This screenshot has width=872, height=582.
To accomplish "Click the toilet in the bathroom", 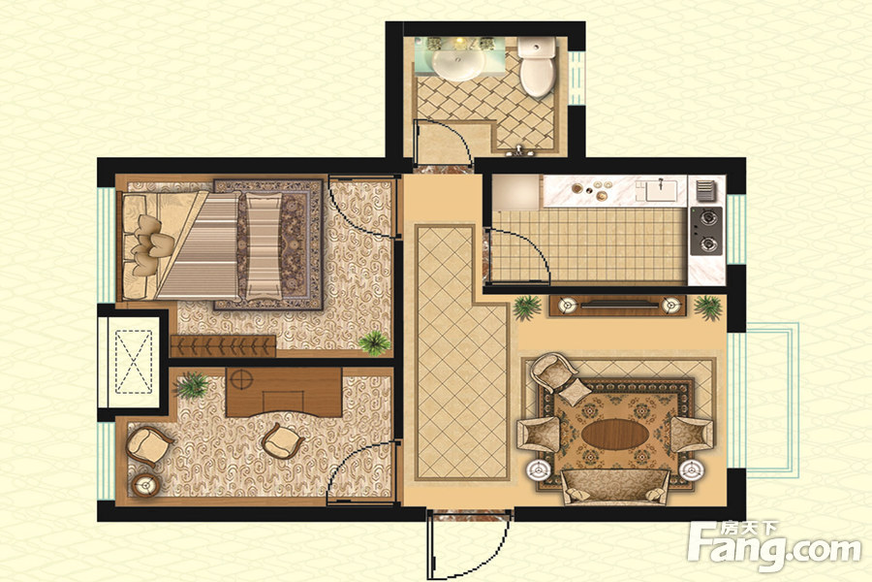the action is pyautogui.click(x=537, y=67).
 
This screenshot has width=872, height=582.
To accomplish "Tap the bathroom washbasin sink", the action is pyautogui.click(x=459, y=64).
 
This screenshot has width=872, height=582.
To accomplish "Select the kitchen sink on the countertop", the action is pyautogui.click(x=661, y=190).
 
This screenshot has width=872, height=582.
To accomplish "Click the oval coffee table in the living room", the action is pyautogui.click(x=614, y=434).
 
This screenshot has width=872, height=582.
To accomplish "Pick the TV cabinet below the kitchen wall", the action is pyautogui.click(x=617, y=306).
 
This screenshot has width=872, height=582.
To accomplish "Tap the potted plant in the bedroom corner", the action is pyautogui.click(x=374, y=342).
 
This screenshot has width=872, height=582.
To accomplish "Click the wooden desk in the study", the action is pyautogui.click(x=284, y=392).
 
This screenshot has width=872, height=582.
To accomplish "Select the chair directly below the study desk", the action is pyautogui.click(x=282, y=440).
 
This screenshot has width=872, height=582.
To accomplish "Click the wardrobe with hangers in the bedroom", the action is pyautogui.click(x=223, y=346).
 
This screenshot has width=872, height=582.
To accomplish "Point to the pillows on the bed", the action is pyautogui.click(x=149, y=245).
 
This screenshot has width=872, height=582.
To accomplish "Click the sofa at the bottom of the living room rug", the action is pyautogui.click(x=615, y=486).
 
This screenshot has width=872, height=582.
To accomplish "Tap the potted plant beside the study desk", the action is pyautogui.click(x=192, y=385).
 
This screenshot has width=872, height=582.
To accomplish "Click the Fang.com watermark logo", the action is pyautogui.click(x=774, y=547).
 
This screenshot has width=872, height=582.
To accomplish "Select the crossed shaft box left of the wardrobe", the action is pyautogui.click(x=133, y=362).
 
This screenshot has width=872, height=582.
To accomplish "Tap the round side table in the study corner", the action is pyautogui.click(x=145, y=485).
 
